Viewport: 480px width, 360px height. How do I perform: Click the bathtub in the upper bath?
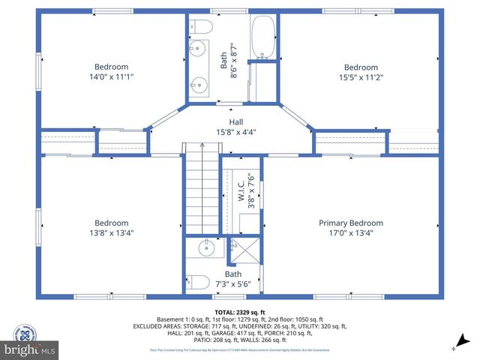[x=262, y=37]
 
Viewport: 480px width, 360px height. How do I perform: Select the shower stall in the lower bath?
[x=245, y=253]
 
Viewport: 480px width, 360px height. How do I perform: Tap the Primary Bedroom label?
[x=350, y=223]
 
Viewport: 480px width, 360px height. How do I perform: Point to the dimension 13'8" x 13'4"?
[x=111, y=232]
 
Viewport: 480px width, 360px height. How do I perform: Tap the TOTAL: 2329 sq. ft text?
[x=240, y=312]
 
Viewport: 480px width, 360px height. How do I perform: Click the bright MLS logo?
[x=30, y=349]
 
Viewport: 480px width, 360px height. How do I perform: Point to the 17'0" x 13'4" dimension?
[x=350, y=232]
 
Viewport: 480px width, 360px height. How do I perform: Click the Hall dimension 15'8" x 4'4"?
[x=235, y=133]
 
